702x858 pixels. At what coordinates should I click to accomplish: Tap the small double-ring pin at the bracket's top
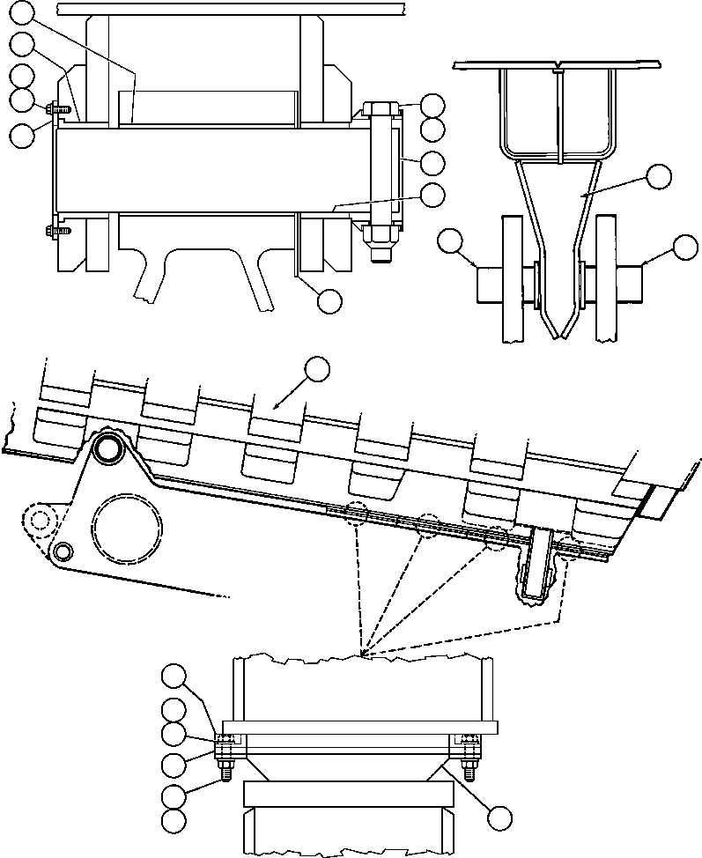[x=109, y=448]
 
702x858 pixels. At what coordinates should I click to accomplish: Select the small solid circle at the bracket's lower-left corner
[x=62, y=551]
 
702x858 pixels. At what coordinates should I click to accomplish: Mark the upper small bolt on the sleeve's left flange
[x=51, y=108]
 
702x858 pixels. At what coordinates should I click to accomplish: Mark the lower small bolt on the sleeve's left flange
[x=51, y=231]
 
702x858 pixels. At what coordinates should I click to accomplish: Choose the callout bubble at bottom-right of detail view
[x=501, y=817]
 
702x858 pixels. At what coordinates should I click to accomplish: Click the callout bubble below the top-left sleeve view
[x=329, y=300]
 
